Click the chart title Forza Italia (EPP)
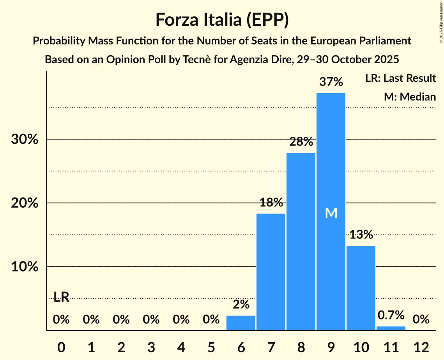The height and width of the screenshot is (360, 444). [x=222, y=19]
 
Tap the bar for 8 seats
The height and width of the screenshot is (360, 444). [x=301, y=242]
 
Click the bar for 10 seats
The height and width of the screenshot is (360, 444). [x=361, y=288]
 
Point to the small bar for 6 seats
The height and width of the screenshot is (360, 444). [x=241, y=323]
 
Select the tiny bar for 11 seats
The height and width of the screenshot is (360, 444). [x=391, y=328]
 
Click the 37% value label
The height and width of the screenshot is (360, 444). [x=331, y=82]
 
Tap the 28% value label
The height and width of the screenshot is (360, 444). [x=301, y=142]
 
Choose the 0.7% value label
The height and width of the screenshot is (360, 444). [x=391, y=315]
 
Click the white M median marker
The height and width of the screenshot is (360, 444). [x=331, y=213]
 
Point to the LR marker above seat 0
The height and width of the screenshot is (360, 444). [x=61, y=298]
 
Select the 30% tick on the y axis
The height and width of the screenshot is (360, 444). [x=25, y=139]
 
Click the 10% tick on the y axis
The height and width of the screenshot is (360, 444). [x=25, y=267]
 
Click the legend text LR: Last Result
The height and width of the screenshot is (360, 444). [x=400, y=78]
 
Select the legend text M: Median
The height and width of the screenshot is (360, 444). [x=410, y=97]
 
